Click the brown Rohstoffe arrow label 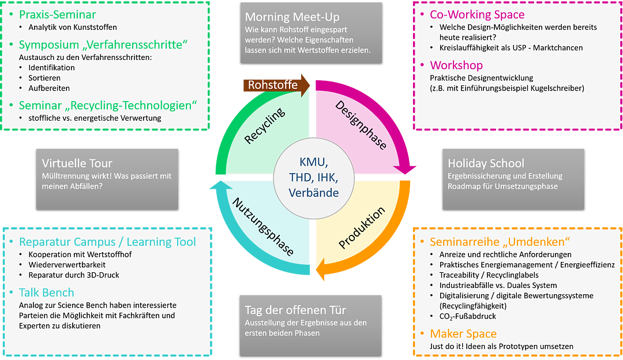pos(273,85)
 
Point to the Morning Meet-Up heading pos(292,17)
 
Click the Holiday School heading pos(486,163)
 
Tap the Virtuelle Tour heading pos(77,163)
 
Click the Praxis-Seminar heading pos(57,14)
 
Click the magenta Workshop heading pos(456,65)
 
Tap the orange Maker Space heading pos(463,333)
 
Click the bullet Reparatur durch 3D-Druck pos(73,275)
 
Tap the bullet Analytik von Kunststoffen pos(72,27)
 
